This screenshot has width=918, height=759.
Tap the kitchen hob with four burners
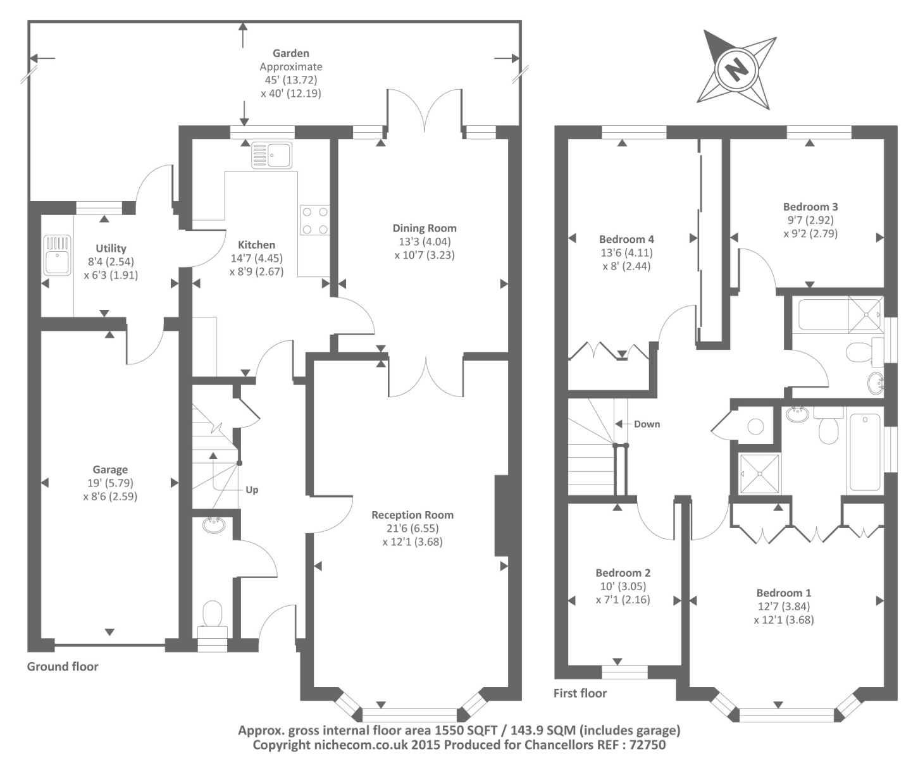coord(314,220)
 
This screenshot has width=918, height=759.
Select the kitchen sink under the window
coord(272,155)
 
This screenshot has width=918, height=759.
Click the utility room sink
coord(58,255)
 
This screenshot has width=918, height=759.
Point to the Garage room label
coord(110,469)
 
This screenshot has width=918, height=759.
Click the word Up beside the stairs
coord(252,490)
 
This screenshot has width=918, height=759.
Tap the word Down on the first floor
coord(647,424)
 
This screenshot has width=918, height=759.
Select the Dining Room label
coord(424,228)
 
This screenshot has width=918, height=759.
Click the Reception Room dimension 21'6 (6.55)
coord(412,528)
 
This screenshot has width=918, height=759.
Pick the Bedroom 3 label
coord(810,207)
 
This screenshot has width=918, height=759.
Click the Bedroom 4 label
coord(626,239)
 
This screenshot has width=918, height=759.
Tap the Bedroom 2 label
coord(623,572)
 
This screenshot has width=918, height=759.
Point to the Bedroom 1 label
coord(783,593)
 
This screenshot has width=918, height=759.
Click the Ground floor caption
coord(63,666)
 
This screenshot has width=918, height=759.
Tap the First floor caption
coord(580,693)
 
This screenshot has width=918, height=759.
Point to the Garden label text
coord(290,54)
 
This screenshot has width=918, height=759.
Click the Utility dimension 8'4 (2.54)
coord(111,262)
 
